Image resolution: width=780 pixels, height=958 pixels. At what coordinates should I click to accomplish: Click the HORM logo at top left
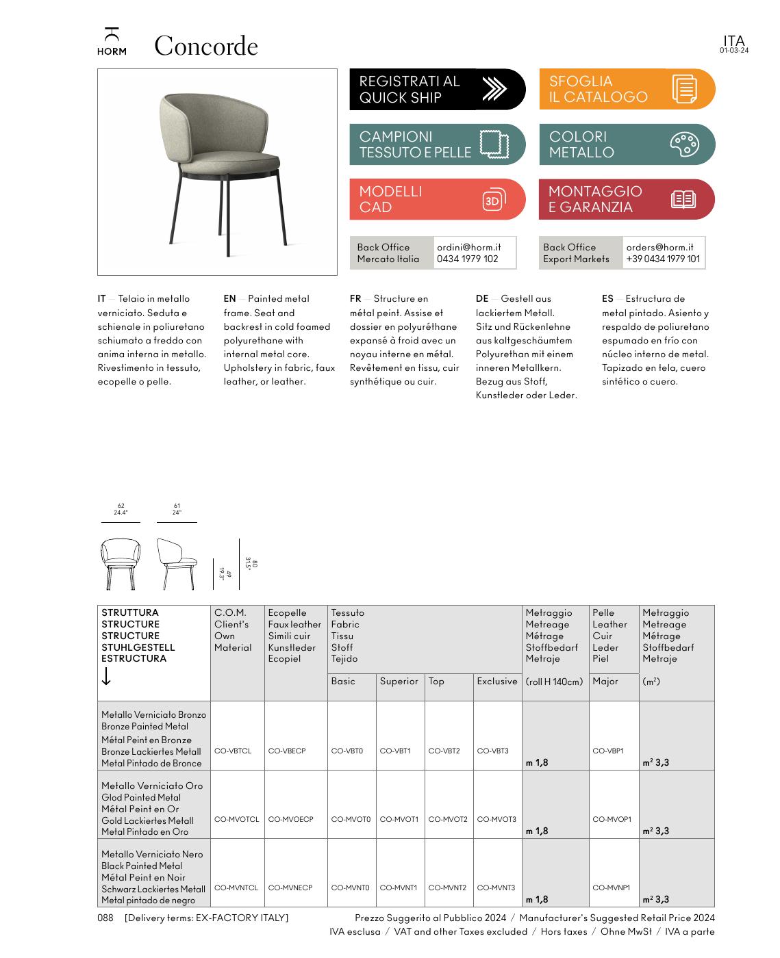(112, 42)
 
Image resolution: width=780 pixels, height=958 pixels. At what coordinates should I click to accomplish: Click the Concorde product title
(205, 47)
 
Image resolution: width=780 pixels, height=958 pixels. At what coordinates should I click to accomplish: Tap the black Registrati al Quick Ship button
(437, 89)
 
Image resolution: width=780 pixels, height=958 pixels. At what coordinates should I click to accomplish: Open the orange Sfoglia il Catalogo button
(627, 89)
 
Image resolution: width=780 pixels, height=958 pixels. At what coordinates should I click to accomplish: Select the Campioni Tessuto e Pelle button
(437, 144)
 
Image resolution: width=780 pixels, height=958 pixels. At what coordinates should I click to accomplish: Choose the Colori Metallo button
(627, 144)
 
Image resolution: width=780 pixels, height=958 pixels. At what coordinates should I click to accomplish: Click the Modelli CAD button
(437, 199)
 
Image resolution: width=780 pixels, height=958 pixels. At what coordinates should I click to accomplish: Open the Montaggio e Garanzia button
(627, 199)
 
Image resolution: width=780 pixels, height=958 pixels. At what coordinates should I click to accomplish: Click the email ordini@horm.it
(468, 247)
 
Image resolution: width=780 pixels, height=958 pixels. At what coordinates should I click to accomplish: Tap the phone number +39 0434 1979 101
(662, 259)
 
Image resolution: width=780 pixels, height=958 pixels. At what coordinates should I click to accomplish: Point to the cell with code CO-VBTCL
(233, 751)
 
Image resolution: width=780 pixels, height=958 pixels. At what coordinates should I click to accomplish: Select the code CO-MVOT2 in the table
(448, 819)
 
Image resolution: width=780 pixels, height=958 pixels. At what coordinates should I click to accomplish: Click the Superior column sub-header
(399, 681)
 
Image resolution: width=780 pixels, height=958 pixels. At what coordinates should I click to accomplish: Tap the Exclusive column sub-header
(497, 681)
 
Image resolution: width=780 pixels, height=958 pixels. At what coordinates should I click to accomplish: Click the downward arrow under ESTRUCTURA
(106, 677)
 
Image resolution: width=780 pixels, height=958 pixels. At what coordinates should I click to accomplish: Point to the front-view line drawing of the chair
(121, 564)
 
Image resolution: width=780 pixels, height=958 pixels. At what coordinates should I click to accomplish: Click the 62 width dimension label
(121, 506)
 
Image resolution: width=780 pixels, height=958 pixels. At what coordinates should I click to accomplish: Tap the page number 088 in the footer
(105, 918)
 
